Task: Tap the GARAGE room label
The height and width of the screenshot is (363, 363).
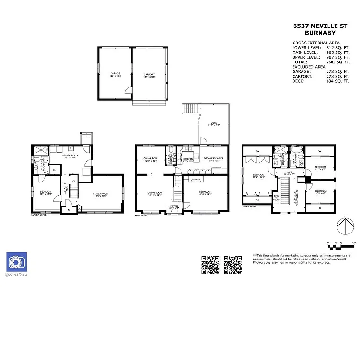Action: pos(115,74)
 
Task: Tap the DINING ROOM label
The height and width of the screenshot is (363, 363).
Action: pos(150,159)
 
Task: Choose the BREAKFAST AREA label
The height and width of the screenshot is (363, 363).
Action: pos(213,159)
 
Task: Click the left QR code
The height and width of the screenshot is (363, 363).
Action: pos(210,265)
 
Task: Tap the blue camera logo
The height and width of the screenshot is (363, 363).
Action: pos(16,262)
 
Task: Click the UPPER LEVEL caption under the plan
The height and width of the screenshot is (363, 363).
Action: pos(249,207)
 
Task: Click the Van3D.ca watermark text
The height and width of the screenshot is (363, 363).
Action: pos(16,275)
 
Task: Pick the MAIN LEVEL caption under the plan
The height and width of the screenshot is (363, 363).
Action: pos(142,216)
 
